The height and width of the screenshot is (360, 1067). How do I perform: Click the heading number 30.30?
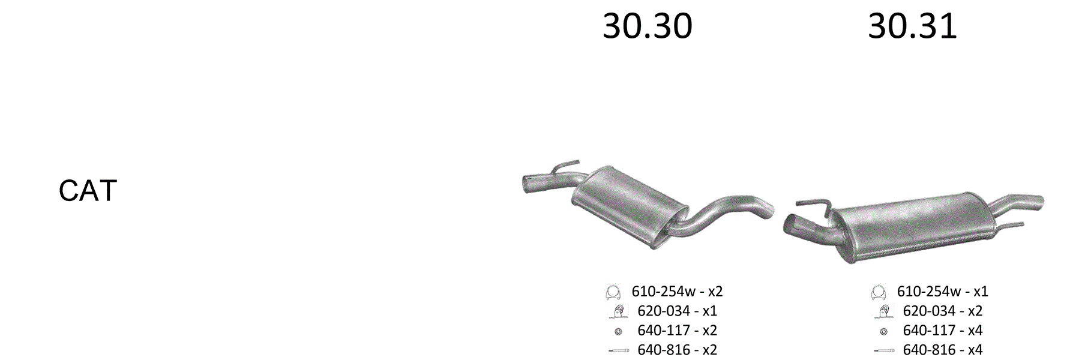[x=647, y=26]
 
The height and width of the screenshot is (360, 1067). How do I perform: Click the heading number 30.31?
[x=912, y=26]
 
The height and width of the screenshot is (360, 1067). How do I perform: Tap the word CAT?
[x=88, y=191]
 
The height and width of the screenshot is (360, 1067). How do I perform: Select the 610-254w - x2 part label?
[x=677, y=292]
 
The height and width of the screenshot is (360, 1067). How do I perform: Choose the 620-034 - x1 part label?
[x=677, y=311]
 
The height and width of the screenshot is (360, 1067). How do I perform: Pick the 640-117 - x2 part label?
[x=677, y=331]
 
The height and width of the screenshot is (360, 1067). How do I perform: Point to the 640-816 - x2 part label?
[x=677, y=350]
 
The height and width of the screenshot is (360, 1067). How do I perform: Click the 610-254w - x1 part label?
[x=942, y=292]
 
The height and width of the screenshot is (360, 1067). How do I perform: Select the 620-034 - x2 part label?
[x=942, y=311]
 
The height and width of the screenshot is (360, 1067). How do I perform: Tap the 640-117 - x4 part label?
[x=942, y=331]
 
